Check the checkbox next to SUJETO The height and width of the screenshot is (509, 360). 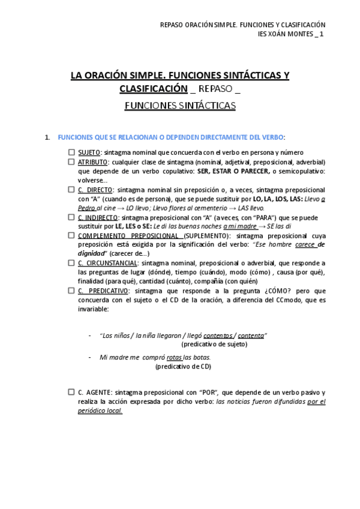click(71, 152)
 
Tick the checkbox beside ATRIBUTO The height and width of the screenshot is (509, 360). click(71, 161)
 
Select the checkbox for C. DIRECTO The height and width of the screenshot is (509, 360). click(71, 189)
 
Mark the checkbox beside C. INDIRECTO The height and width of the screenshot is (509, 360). click(71, 217)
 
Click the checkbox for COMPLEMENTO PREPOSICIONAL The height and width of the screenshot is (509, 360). click(71, 235)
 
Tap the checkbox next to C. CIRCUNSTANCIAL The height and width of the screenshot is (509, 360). click(71, 263)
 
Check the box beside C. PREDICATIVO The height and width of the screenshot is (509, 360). click(71, 291)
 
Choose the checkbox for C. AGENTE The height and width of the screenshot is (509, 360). click(71, 392)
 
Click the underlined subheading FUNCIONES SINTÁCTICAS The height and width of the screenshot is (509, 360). click(180, 106)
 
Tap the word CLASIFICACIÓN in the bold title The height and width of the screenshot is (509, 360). click(154, 89)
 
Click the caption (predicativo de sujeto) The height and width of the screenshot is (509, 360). click(214, 345)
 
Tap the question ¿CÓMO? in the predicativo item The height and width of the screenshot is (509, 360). click(261, 291)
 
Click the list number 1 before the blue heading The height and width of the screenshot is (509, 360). click(47, 137)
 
